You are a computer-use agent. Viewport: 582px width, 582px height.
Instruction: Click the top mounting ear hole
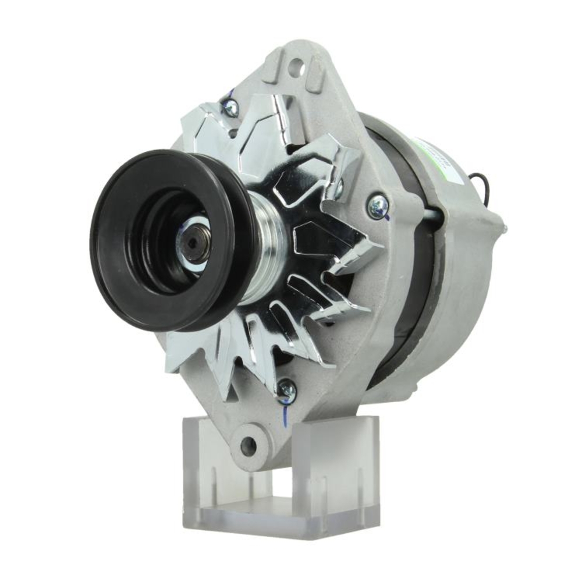pyautogui.click(x=297, y=65)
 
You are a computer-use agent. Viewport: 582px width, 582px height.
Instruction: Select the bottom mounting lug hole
pyautogui.click(x=248, y=446)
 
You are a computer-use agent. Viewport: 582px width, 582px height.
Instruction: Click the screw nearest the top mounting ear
pyautogui.click(x=230, y=107)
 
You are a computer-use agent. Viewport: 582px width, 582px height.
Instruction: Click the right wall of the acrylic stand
pyautogui.click(x=340, y=466)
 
